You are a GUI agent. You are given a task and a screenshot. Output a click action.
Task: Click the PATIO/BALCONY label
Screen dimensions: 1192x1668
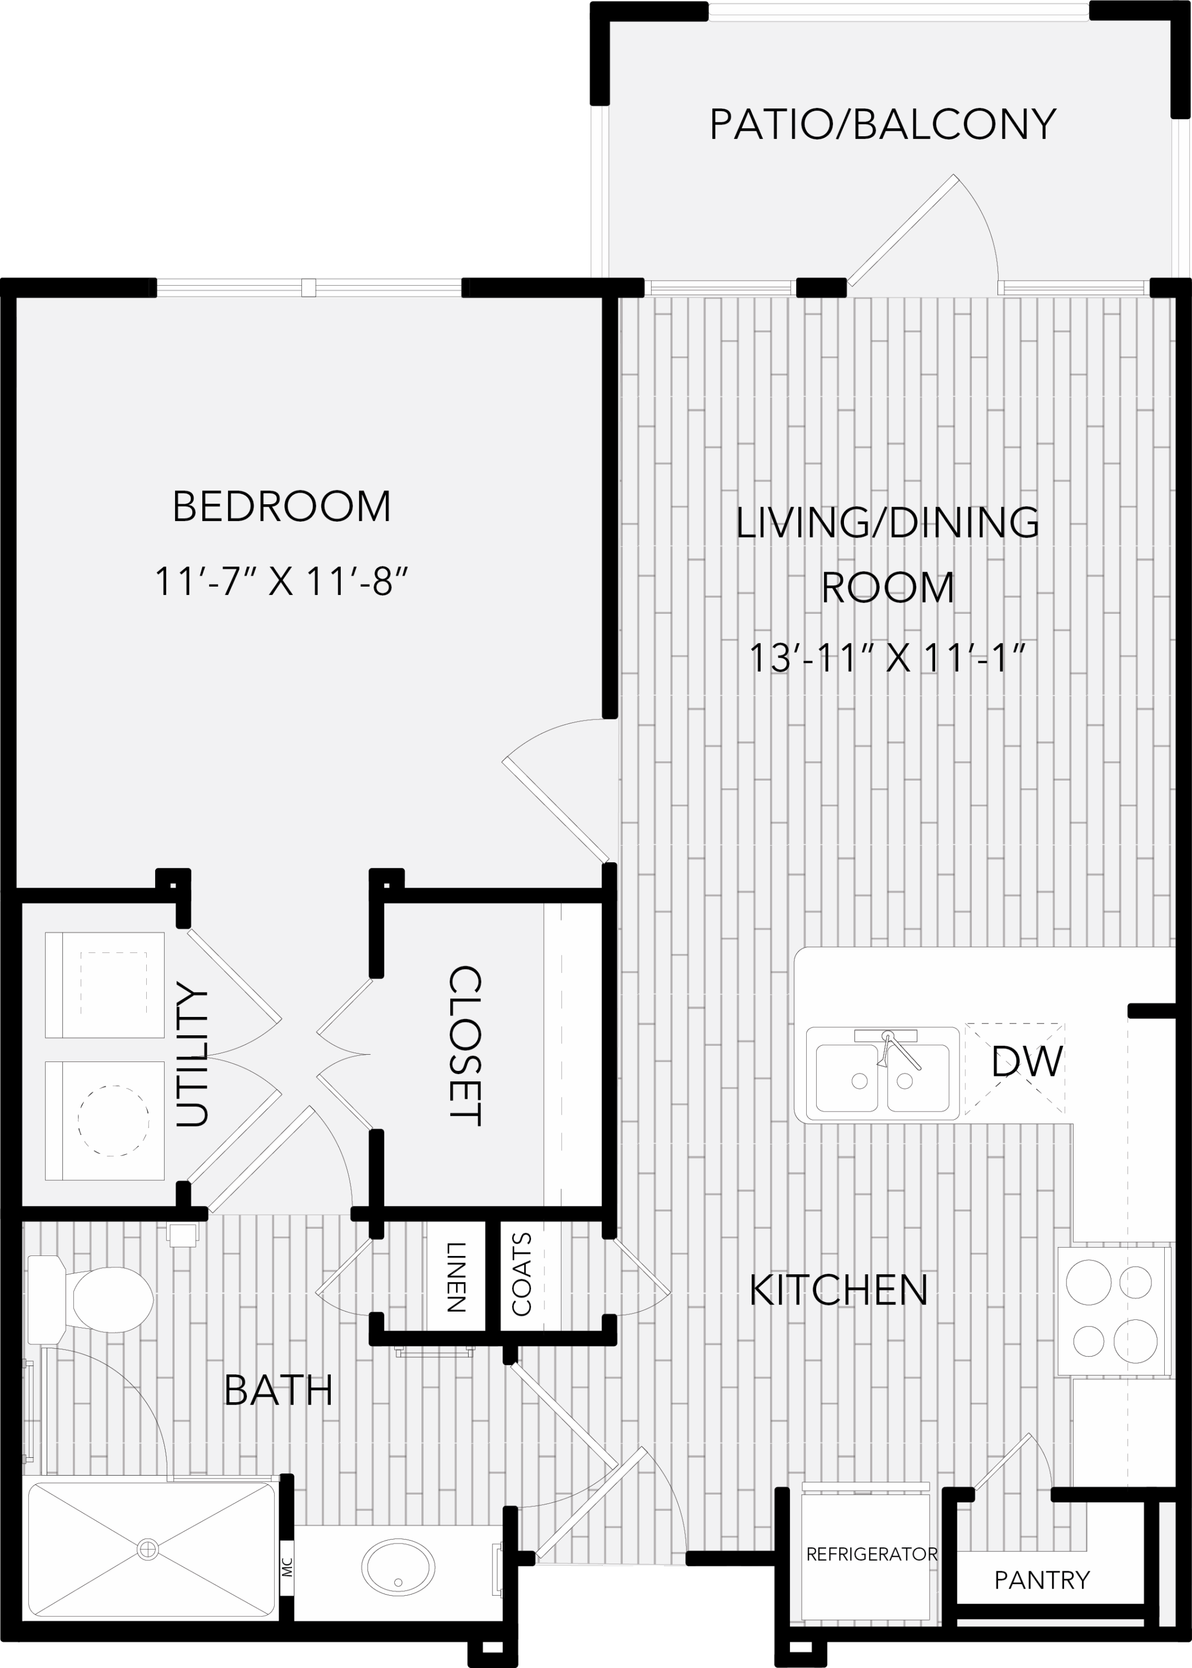(x=882, y=124)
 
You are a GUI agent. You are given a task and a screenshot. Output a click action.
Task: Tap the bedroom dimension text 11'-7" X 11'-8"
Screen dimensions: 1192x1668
(x=281, y=582)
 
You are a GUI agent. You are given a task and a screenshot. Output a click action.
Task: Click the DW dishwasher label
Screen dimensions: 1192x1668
(x=1027, y=1062)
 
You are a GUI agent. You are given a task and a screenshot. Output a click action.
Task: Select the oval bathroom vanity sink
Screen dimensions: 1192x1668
(x=398, y=1568)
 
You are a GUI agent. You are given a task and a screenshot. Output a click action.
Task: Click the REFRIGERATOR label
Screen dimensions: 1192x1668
(x=871, y=1554)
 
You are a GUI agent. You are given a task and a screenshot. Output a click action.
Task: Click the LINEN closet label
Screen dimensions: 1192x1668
(x=456, y=1278)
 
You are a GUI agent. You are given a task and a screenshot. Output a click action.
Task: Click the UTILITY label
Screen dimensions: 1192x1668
(x=192, y=1054)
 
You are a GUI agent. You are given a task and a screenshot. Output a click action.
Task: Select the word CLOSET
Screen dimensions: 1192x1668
(x=465, y=1046)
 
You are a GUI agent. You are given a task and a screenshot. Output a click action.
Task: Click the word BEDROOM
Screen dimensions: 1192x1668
(x=281, y=507)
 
